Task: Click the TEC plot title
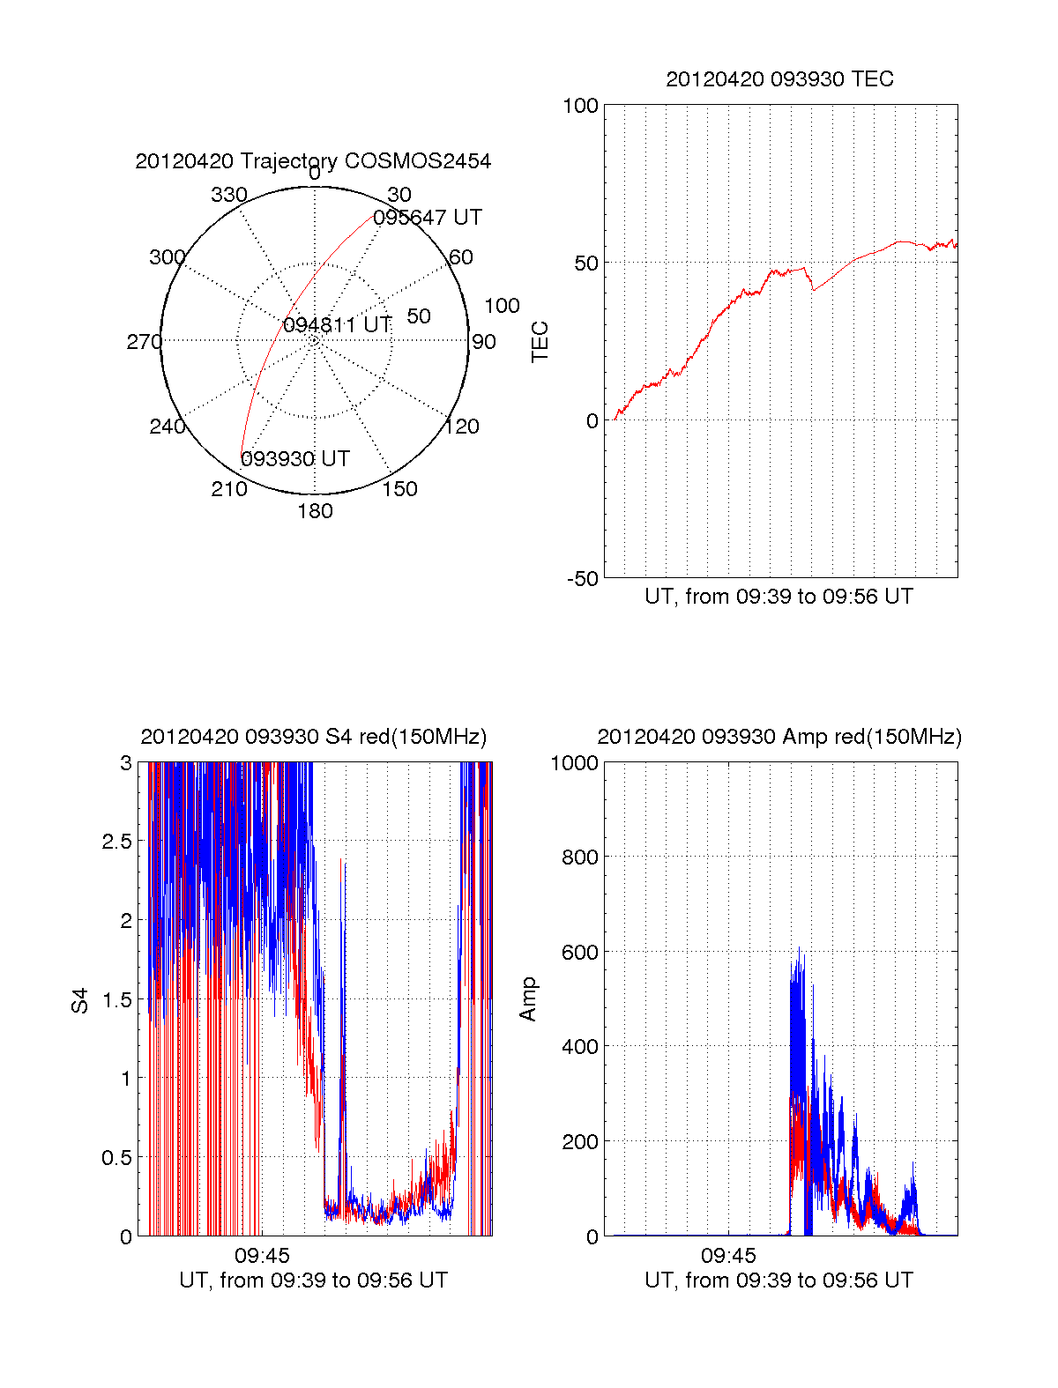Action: (779, 79)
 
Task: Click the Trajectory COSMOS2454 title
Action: (313, 161)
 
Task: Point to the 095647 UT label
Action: (428, 218)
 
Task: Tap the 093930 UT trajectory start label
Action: (295, 459)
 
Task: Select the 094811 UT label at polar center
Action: (337, 325)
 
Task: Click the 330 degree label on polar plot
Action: (228, 195)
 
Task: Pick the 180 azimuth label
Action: (315, 511)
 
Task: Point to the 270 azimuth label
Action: (144, 342)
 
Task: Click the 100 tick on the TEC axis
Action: (580, 106)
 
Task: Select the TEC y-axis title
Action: (540, 342)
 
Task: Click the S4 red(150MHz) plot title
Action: (313, 737)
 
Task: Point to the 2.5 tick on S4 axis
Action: (116, 842)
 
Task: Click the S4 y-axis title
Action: (80, 1000)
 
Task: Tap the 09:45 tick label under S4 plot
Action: (262, 1255)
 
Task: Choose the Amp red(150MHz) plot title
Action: (779, 737)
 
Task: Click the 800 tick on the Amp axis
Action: (579, 857)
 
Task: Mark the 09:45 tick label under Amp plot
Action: (728, 1255)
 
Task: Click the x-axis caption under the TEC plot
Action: (779, 597)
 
